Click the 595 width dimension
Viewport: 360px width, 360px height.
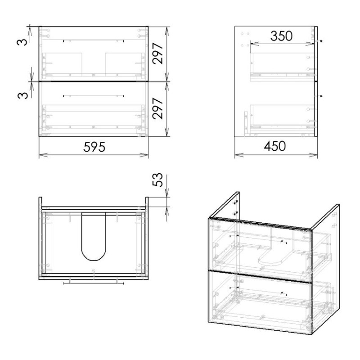[x=94, y=147]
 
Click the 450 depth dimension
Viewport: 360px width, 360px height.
[x=275, y=146]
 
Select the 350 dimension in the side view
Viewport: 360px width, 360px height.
[x=282, y=36]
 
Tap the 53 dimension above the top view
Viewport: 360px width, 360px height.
[x=157, y=180]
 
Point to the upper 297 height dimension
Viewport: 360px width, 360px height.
[x=158, y=53]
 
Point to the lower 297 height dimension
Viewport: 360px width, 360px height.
[x=158, y=108]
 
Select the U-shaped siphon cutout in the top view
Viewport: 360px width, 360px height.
[x=94, y=237]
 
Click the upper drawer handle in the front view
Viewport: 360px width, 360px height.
[x=94, y=41]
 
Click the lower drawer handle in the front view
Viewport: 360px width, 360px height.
[x=94, y=96]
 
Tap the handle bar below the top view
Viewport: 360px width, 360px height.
[x=94, y=283]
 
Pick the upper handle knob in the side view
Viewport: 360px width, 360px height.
[x=321, y=41]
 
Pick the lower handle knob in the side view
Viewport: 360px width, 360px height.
[x=321, y=96]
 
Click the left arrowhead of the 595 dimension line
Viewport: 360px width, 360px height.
[x=43, y=155]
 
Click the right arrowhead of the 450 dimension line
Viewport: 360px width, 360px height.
[x=313, y=155]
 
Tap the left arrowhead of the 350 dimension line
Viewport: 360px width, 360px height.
[x=255, y=44]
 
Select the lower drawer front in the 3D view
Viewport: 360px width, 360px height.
[x=260, y=302]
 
